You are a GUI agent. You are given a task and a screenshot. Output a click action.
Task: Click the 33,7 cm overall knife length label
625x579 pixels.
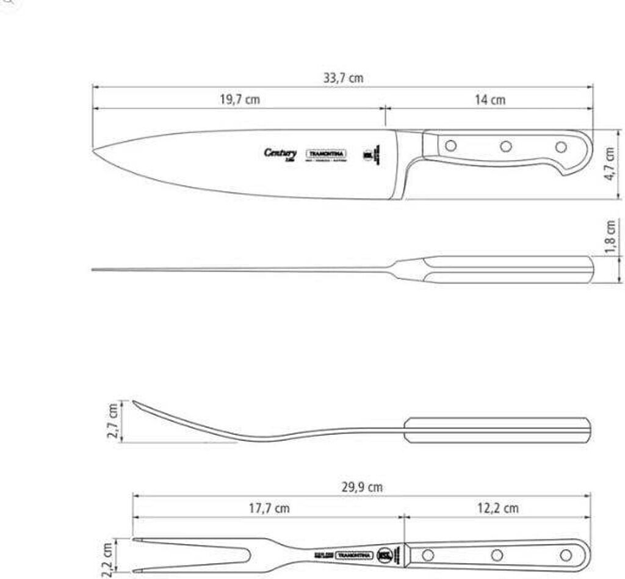click(x=342, y=78)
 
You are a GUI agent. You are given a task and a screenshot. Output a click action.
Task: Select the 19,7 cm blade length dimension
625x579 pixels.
click(x=239, y=100)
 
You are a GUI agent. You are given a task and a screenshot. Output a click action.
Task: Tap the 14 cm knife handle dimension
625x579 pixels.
click(x=490, y=100)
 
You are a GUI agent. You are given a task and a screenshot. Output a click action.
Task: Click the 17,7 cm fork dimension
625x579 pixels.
click(x=270, y=508)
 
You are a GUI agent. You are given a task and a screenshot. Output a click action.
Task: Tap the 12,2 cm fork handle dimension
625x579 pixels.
click(x=499, y=508)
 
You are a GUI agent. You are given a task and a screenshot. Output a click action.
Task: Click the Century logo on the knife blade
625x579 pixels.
click(x=281, y=153)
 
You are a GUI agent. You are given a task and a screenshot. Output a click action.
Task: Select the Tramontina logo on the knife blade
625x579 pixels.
click(x=326, y=154)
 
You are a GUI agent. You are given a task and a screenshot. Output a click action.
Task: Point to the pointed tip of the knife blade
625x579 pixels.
click(x=94, y=151)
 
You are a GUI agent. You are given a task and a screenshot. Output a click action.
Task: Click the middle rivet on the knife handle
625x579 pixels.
click(x=506, y=147)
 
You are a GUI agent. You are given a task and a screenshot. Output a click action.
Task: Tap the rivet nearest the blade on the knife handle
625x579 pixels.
click(x=451, y=146)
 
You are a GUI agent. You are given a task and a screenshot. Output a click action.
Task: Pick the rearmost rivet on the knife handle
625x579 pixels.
click(x=561, y=147)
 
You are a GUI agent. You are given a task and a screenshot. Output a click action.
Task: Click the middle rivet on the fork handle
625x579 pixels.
click(x=497, y=555)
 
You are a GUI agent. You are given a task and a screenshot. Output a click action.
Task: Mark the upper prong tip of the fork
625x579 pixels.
click(x=135, y=539)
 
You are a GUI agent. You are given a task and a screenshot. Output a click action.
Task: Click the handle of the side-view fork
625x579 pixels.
click(x=497, y=429)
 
